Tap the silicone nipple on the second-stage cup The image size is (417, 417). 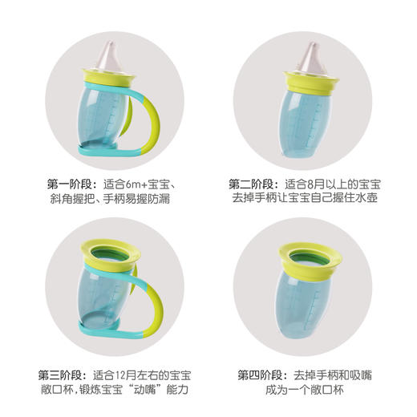310,55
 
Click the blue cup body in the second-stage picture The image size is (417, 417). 310,120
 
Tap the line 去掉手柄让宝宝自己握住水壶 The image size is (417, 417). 309,198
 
